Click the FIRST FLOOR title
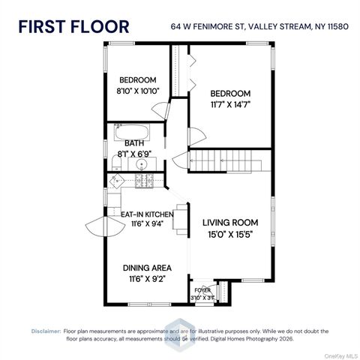73,27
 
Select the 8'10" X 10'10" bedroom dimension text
137,91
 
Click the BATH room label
134,143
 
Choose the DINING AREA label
147,267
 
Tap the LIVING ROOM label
230,223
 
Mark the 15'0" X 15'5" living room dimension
230,234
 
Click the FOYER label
202,289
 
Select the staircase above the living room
225,160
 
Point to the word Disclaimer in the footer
45,330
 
